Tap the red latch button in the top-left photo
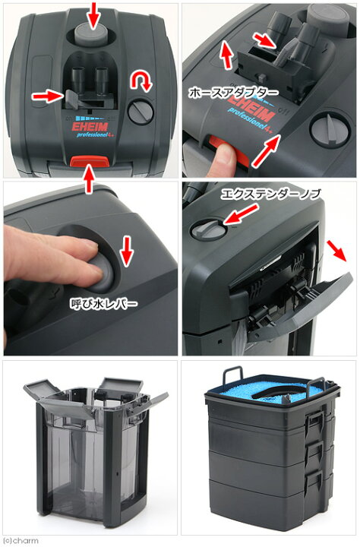pos(90,161)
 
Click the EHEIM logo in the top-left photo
pos(90,126)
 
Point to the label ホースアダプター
pos(234,93)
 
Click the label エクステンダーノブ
pos(270,194)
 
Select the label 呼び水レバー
pos(103,303)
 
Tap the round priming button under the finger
pos(101,273)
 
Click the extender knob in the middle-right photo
pos(208,229)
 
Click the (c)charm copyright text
pos(21,540)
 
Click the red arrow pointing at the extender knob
pos(241,214)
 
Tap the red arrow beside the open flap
pos(336,251)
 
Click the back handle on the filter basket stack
pos(233,374)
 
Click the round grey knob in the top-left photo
pos(141,111)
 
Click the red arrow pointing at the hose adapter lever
pos(48,96)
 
